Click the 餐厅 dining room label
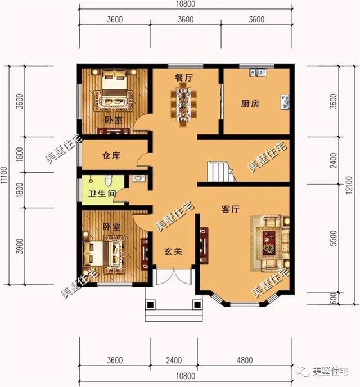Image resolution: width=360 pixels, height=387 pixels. coord(184,78)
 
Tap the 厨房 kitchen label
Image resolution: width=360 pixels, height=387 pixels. coord(250,104)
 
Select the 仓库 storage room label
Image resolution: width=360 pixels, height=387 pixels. coord(111,155)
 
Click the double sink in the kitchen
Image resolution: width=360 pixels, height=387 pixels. coord(259,71)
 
